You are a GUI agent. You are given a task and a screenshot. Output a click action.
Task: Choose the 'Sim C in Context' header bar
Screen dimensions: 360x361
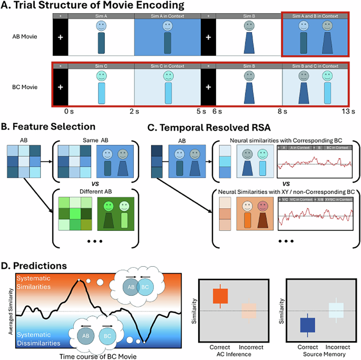point(167,65)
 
